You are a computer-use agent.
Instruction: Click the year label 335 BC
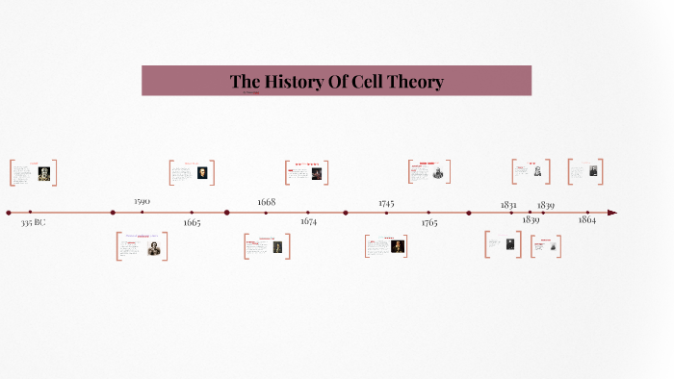[33, 222]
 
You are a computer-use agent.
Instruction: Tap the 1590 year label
[142, 201]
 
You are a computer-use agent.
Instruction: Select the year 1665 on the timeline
[192, 222]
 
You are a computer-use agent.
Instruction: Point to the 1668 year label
[266, 202]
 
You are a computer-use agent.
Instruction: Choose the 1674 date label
[308, 222]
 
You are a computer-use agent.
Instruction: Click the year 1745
[386, 203]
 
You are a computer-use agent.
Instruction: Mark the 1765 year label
[428, 222]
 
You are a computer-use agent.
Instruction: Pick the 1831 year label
[508, 204]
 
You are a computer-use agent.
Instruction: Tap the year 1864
[586, 220]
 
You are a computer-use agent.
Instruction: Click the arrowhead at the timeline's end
[612, 213]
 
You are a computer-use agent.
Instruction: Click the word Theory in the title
[409, 82]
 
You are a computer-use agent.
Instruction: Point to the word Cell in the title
[355, 82]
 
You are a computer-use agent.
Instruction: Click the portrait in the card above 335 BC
[44, 174]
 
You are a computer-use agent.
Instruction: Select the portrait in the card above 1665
[202, 173]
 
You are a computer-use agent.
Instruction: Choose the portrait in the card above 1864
[593, 171]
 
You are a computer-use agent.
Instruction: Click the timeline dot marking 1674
[308, 213]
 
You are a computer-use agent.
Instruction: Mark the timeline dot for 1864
[587, 213]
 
